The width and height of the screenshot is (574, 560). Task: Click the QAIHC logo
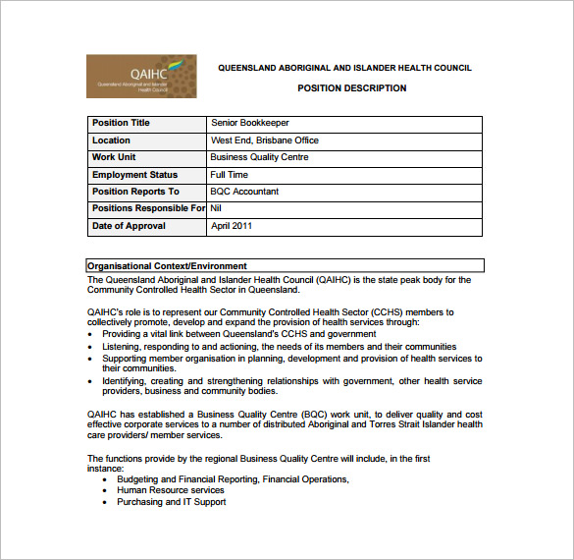[141, 76]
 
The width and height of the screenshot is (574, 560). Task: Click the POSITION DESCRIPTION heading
[351, 88]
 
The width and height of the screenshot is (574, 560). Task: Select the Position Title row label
[121, 124]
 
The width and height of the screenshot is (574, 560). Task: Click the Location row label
[111, 140]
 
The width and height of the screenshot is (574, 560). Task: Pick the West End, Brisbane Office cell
[264, 140]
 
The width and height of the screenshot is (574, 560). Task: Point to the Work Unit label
[114, 157]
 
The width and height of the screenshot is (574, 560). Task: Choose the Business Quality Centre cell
[259, 157]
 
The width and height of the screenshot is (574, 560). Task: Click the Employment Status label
[134, 175]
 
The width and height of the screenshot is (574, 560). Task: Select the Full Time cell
[230, 175]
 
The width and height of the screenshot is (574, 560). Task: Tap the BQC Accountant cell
[244, 192]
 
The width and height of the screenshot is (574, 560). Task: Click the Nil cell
[217, 208]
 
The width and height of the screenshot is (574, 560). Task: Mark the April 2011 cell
[232, 226]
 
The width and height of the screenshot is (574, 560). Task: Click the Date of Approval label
[129, 226]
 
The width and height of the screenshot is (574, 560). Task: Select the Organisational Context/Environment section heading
[167, 266]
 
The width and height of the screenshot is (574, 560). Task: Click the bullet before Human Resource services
[106, 490]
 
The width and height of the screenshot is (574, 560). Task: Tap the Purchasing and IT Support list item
[171, 502]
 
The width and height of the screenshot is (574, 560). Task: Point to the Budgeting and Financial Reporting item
[233, 479]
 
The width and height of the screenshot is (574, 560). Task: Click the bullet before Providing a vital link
[90, 334]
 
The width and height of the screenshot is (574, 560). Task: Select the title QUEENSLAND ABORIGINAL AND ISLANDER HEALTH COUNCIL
[344, 68]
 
